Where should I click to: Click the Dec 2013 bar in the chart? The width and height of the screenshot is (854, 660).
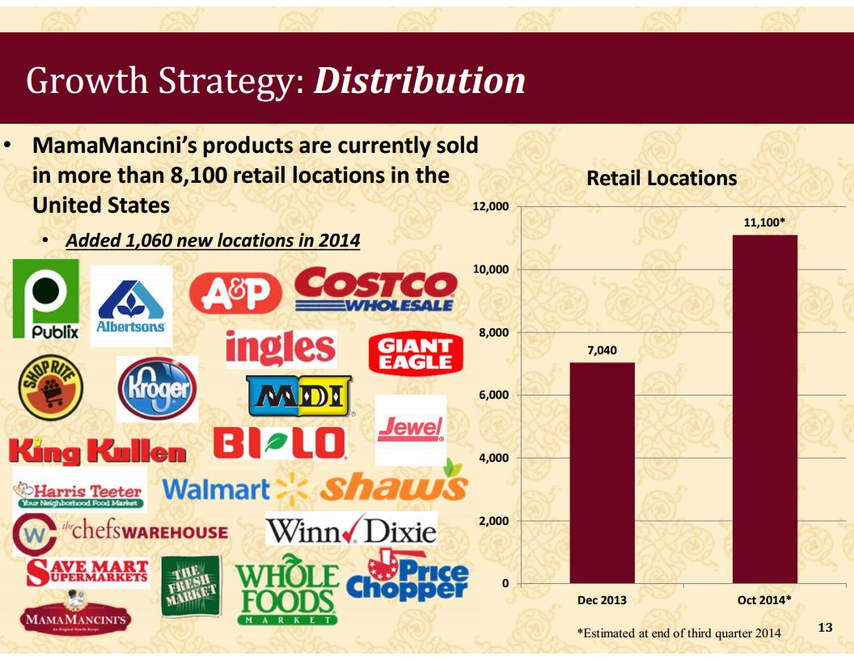pyautogui.click(x=602, y=472)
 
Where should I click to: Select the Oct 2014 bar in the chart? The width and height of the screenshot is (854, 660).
pyautogui.click(x=764, y=408)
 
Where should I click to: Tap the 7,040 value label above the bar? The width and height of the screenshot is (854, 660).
pyautogui.click(x=602, y=350)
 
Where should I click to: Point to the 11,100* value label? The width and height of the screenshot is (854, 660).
pyautogui.click(x=764, y=221)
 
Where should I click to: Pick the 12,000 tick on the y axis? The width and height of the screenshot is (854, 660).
pyautogui.click(x=490, y=207)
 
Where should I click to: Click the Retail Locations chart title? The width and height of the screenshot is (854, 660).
pyautogui.click(x=662, y=178)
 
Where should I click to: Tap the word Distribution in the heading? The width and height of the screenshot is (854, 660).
pyautogui.click(x=419, y=81)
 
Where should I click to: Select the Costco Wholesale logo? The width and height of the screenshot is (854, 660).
pyautogui.click(x=374, y=290)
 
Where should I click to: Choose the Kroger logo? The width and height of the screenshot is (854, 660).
pyautogui.click(x=157, y=388)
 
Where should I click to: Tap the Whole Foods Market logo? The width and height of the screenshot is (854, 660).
pyautogui.click(x=287, y=591)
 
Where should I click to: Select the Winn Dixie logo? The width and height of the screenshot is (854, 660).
pyautogui.click(x=351, y=531)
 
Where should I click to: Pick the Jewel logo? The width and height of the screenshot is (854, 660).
pyautogui.click(x=411, y=428)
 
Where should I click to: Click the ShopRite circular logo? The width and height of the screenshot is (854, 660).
pyautogui.click(x=50, y=387)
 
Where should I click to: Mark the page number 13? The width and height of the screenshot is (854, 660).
pyautogui.click(x=825, y=627)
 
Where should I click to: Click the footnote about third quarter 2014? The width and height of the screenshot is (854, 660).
pyautogui.click(x=679, y=633)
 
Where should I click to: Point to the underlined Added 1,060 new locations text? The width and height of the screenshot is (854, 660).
pyautogui.click(x=213, y=241)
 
